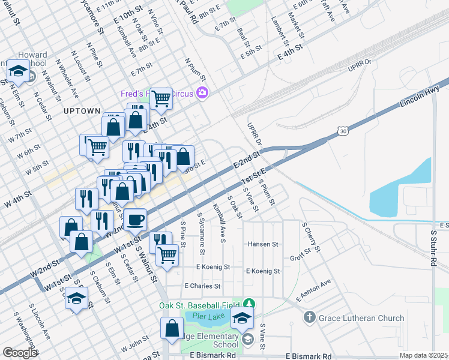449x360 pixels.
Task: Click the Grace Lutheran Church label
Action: click(356, 317)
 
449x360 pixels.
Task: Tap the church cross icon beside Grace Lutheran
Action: click(309, 317)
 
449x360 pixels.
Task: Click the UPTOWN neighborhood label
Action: click(80, 111)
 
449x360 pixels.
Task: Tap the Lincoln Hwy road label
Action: click(420, 97)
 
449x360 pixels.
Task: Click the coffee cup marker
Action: click(135, 219)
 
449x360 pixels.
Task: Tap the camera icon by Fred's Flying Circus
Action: click(203, 92)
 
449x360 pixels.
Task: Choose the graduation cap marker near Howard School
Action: click(19, 71)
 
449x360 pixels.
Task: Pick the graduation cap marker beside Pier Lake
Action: click(243, 317)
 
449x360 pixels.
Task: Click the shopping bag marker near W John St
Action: click(172, 328)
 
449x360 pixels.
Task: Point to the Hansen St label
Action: click(264, 244)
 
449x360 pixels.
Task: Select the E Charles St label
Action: click(203, 286)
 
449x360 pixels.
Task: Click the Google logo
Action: click(20, 352)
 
